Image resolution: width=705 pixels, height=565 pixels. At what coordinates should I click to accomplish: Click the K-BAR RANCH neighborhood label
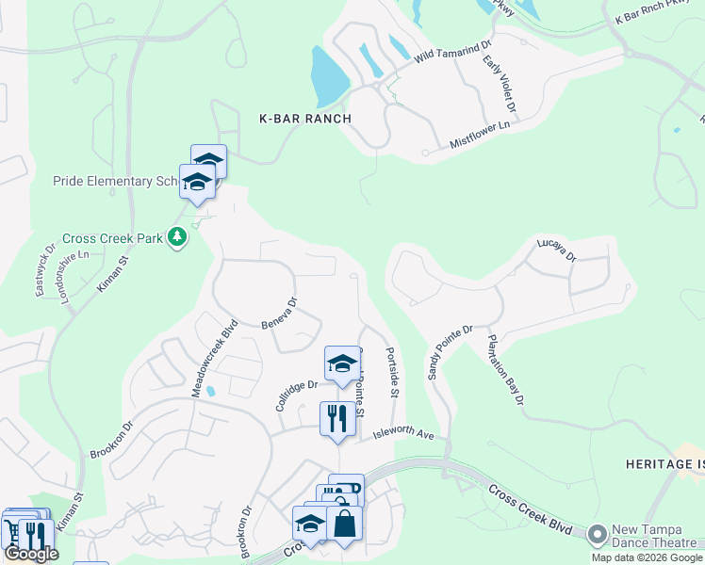305,119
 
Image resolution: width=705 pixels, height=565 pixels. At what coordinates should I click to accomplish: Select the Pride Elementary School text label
115,181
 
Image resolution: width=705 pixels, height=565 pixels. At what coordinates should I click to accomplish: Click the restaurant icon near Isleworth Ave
337,417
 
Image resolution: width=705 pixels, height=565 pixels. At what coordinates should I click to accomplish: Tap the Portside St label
393,373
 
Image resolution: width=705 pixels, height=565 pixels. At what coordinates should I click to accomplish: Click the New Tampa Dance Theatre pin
596,535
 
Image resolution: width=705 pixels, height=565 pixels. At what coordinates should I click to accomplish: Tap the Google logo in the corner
31,554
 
